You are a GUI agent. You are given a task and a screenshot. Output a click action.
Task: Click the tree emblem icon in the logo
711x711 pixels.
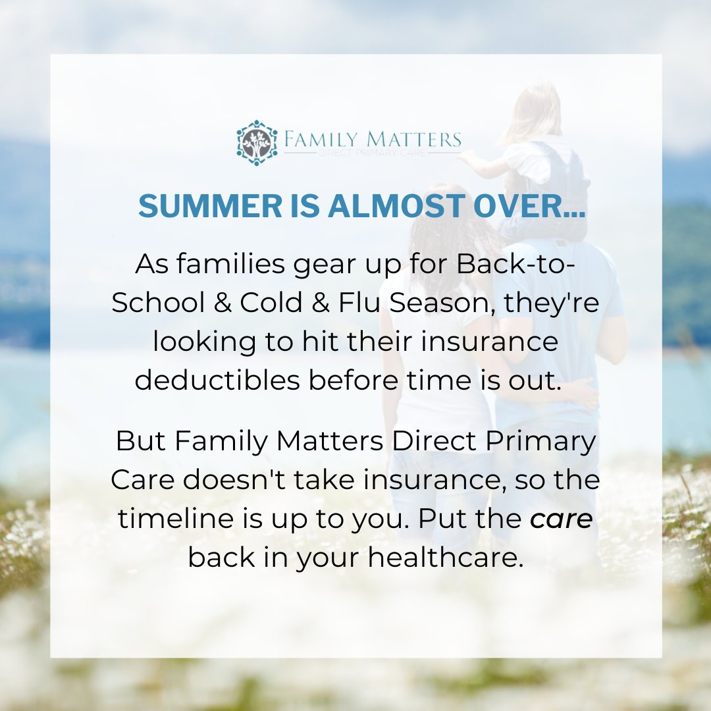(x=257, y=142)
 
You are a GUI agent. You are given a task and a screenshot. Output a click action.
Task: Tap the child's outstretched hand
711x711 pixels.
(x=466, y=157)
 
